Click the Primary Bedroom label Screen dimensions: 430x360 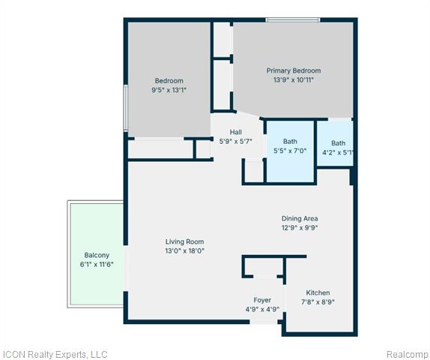click(x=294, y=70)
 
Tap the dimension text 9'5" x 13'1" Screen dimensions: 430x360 click(x=169, y=90)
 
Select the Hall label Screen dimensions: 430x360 click(x=235, y=132)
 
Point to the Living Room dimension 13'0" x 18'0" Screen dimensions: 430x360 click(x=184, y=250)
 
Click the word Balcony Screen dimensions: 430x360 click(x=97, y=255)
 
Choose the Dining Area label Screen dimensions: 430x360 click(x=300, y=218)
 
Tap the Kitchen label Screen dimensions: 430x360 click(x=318, y=292)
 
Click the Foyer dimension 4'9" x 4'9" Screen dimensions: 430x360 click(x=262, y=309)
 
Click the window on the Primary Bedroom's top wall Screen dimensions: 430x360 click(x=293, y=19)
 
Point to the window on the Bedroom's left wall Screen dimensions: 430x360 click(x=126, y=108)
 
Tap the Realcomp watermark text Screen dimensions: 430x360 click(x=408, y=355)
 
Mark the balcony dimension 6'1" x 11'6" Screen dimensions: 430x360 click(x=97, y=265)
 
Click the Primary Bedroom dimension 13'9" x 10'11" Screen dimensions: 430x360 click(x=294, y=80)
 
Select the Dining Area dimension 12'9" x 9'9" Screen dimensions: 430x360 click(x=300, y=228)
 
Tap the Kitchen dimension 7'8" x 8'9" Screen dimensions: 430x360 click(x=318, y=302)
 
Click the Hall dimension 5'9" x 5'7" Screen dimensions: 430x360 click(x=235, y=142)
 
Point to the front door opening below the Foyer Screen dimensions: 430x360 click(x=264, y=322)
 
